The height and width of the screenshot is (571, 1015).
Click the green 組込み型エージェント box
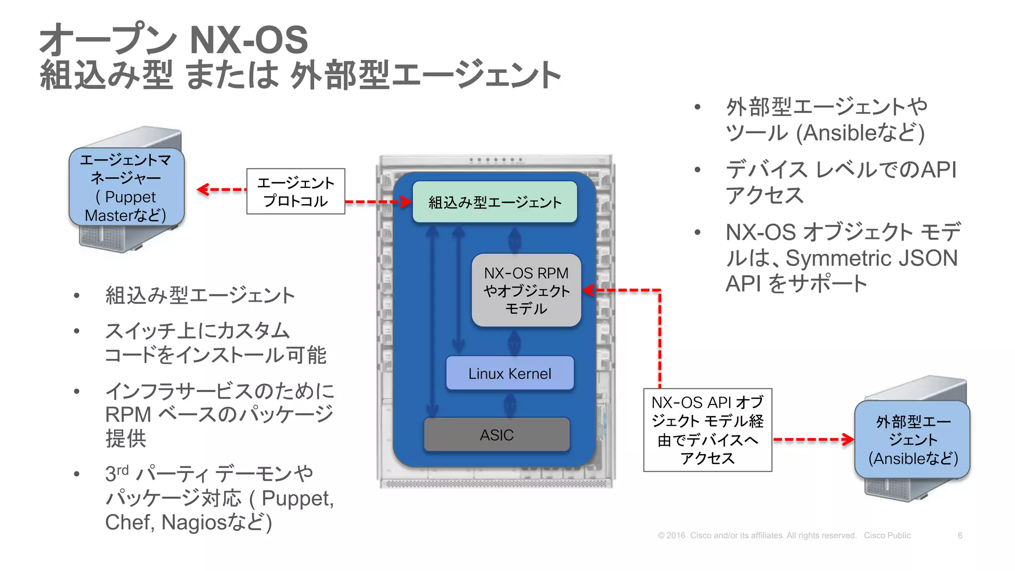[495, 202]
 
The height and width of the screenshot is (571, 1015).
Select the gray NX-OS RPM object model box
[526, 290]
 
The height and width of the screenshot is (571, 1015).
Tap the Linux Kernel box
[509, 373]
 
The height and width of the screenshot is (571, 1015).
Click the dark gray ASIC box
[497, 435]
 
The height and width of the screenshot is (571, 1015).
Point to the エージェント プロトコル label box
[295, 192]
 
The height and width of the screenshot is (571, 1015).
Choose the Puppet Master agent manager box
[126, 187]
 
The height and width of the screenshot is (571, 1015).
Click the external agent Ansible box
[912, 440]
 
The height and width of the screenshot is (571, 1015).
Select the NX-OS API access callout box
[707, 430]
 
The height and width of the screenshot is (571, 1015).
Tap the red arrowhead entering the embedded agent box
[406, 202]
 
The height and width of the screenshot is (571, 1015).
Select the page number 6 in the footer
[959, 535]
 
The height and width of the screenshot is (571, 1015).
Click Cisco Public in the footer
[887, 535]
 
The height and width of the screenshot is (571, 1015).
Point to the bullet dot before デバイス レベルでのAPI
[697, 170]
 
